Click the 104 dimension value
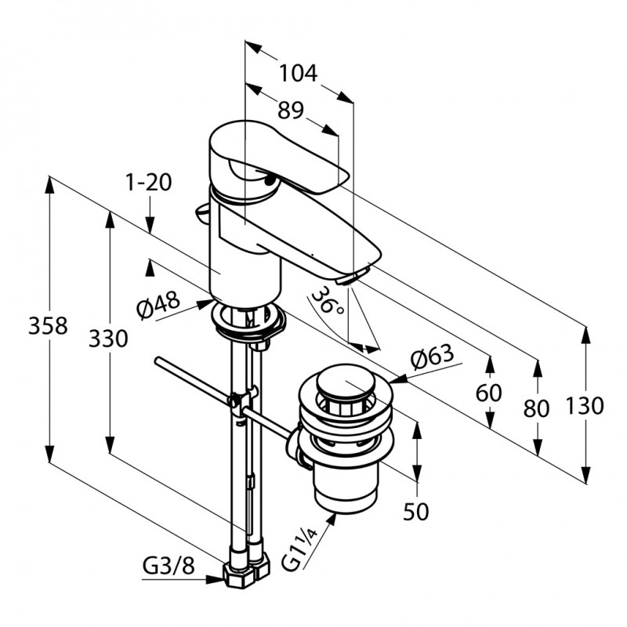299,74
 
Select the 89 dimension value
290,111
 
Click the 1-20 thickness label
147,183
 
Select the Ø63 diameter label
431,358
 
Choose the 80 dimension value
538,408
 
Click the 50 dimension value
416,512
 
